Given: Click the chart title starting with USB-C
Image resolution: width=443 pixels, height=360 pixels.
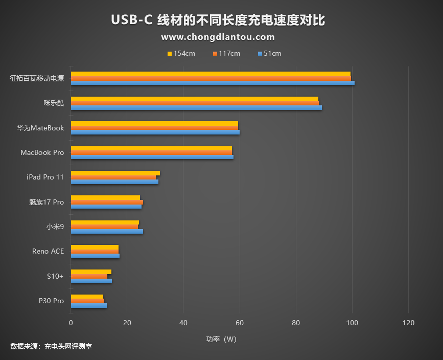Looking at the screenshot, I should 218,20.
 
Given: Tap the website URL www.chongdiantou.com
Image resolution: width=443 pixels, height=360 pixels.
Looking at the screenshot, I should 218,37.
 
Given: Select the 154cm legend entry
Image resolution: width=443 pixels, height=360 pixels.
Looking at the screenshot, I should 181,54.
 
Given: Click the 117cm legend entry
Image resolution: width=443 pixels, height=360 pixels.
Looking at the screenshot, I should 226,54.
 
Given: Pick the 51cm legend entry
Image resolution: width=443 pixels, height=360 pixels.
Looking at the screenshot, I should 269,54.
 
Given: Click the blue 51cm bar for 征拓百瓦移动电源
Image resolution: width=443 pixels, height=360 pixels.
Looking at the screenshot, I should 212,83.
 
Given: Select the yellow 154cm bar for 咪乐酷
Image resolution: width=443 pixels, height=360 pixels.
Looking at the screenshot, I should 194,99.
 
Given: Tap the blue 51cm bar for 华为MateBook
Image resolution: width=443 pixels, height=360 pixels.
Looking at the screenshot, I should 155,132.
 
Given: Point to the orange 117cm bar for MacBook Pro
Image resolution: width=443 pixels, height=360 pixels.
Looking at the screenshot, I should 151,152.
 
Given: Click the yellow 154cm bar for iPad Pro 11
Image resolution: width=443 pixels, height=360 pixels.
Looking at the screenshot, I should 115,173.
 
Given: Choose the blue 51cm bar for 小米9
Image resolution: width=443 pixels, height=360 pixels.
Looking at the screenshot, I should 107,232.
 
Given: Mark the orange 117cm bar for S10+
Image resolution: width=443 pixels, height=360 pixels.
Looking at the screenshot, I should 89,276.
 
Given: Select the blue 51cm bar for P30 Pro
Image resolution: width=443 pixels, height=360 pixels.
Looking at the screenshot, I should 88,305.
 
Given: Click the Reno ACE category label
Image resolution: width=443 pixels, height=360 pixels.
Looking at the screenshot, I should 48,252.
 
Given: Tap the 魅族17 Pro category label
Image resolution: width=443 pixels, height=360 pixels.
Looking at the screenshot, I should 46,202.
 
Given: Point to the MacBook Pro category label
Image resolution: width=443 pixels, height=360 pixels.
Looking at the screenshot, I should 42,152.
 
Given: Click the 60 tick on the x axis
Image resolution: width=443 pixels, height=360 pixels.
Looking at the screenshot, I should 240,323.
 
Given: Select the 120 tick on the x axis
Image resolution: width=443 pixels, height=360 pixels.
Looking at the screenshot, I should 408,323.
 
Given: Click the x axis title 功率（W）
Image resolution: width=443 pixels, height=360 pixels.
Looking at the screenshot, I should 221,339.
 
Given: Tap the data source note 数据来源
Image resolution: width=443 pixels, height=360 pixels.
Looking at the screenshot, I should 51,347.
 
